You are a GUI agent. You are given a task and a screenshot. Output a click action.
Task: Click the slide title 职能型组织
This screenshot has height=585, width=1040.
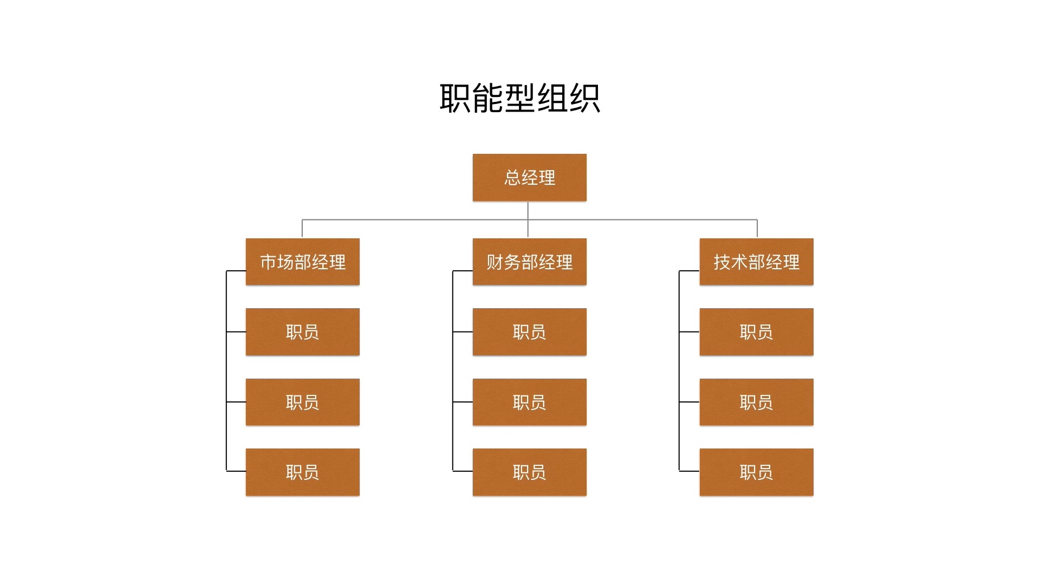[x=519, y=99]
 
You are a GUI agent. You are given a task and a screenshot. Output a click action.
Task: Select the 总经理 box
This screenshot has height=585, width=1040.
[x=529, y=178]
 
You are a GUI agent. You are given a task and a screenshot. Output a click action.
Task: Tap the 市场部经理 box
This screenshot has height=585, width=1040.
[x=302, y=262]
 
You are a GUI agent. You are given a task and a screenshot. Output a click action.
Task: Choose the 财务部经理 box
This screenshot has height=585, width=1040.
[x=529, y=262]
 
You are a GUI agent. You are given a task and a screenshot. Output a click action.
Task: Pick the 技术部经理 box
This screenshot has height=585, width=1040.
[x=756, y=262]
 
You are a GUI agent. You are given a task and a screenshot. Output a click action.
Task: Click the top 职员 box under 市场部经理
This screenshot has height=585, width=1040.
[x=302, y=332]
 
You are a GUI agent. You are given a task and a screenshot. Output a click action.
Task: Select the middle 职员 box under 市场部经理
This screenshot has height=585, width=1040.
[x=302, y=402]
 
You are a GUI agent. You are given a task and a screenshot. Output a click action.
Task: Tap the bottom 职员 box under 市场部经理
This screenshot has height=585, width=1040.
[x=302, y=472]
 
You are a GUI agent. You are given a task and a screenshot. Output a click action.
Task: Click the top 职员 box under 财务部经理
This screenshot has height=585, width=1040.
[x=529, y=332]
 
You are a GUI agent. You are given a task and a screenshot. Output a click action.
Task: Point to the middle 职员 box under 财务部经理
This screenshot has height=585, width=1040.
[x=529, y=402]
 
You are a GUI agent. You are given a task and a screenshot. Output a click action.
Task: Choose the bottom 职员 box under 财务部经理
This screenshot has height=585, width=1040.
[x=529, y=472]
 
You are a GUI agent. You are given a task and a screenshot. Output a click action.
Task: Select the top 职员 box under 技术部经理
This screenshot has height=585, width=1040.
[x=756, y=332]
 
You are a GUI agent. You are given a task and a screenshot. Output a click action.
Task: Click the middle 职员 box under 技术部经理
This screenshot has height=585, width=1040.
[x=756, y=402]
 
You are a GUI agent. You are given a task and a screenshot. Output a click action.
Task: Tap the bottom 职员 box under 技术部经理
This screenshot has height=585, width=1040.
[x=756, y=472]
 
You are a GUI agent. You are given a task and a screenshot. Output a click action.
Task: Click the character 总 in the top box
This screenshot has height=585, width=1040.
[x=512, y=178]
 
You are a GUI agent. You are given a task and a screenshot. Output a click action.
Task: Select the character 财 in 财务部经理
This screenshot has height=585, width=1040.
[x=495, y=262]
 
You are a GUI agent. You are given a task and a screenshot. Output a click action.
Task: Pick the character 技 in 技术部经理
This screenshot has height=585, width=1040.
[x=721, y=262]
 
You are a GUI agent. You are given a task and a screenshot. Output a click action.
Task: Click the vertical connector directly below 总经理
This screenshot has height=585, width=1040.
[x=528, y=211]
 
